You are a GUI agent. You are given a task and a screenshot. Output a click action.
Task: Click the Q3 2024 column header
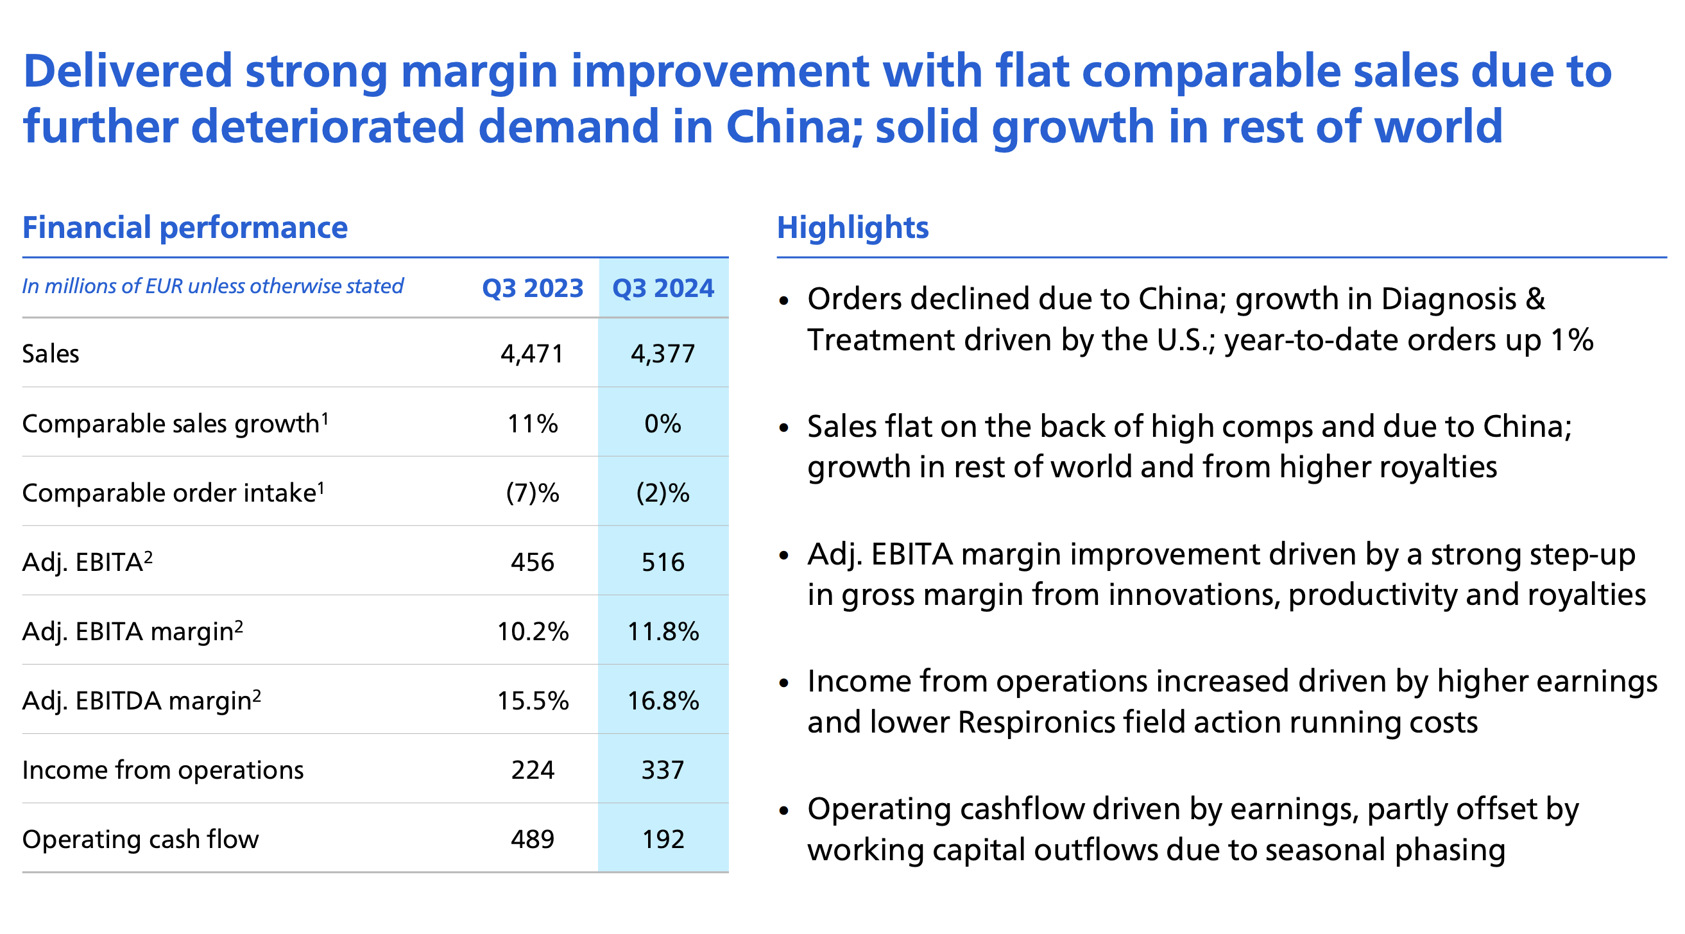click(x=663, y=289)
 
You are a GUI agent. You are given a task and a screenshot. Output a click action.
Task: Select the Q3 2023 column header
click(x=533, y=289)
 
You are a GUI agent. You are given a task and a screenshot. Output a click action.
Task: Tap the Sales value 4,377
click(x=663, y=354)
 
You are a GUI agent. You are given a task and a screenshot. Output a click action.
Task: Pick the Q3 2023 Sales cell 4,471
click(x=533, y=354)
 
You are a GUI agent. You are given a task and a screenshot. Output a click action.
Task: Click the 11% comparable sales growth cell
click(x=533, y=424)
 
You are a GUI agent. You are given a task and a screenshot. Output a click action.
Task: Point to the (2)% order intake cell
click(x=663, y=493)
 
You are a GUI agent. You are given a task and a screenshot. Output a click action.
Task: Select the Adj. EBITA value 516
click(x=663, y=563)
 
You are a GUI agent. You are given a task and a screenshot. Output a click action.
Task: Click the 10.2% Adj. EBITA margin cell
click(x=533, y=632)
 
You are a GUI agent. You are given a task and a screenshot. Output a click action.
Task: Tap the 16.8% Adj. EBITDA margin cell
click(x=663, y=701)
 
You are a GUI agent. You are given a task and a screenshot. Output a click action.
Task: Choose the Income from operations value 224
click(x=533, y=770)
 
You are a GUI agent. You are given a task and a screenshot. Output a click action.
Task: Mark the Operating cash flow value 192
click(x=663, y=840)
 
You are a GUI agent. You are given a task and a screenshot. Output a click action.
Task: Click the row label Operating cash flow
click(x=141, y=840)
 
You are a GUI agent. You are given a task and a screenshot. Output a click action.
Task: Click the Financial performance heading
click(x=185, y=228)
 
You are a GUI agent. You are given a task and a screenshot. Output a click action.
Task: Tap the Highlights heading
click(x=852, y=228)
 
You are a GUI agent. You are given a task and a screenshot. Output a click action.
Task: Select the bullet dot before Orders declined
click(x=785, y=301)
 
